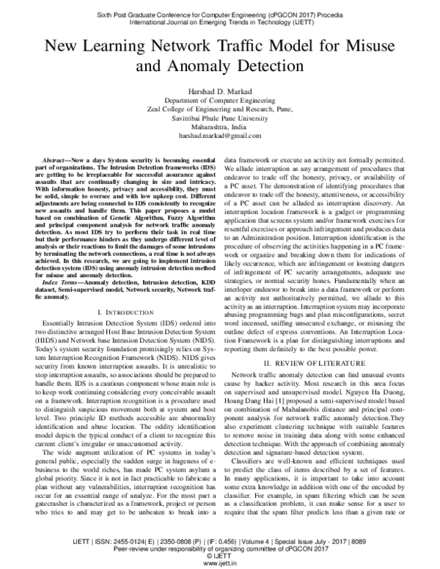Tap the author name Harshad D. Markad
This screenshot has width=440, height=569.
click(219, 90)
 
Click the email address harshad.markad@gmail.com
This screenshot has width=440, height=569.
click(219, 136)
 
